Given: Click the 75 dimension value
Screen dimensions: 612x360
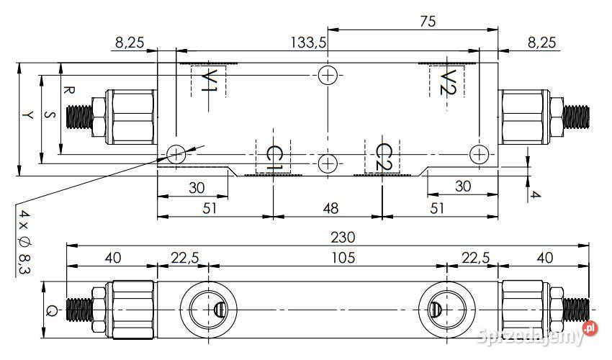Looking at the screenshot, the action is [x=428, y=21].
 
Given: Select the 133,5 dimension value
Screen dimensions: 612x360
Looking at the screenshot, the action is [x=308, y=42].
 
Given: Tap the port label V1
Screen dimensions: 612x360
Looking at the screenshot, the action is [x=210, y=81].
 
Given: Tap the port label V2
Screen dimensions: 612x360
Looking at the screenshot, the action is [x=448, y=82].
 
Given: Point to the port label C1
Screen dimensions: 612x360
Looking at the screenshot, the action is [x=274, y=158].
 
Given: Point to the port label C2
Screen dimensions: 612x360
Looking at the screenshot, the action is [x=384, y=158].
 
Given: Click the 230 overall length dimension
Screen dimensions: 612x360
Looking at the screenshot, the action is [x=343, y=237].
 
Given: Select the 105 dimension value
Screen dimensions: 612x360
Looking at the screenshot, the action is [x=343, y=258].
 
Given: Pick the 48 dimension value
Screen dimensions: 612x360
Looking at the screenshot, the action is [x=330, y=209].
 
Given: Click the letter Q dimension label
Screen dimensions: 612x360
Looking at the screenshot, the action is [x=50, y=311].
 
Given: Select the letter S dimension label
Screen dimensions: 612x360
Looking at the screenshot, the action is [x=50, y=114].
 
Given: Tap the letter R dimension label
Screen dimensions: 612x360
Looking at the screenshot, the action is [x=69, y=90].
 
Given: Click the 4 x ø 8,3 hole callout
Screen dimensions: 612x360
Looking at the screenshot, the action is [x=24, y=242].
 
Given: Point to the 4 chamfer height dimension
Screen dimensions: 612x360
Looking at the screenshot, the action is [x=536, y=194].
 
